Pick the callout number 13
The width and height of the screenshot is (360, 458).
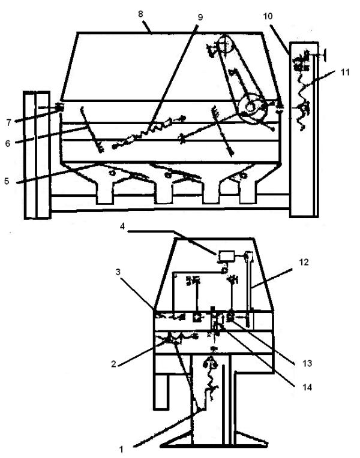289,363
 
